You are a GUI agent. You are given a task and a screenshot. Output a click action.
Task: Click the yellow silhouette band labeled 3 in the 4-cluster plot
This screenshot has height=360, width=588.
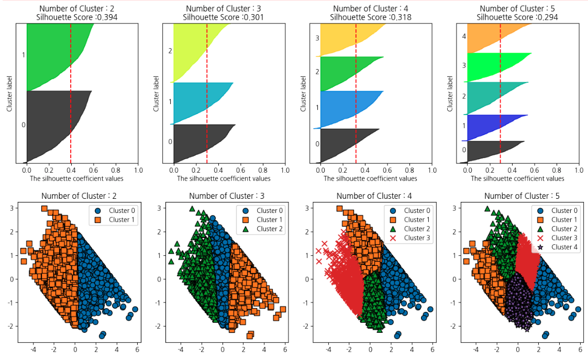point(340,39)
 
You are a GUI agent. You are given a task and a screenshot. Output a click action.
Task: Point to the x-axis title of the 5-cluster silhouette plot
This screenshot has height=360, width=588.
point(517,178)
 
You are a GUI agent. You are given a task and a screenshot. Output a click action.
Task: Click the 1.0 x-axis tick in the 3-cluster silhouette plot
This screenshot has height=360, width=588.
point(285,170)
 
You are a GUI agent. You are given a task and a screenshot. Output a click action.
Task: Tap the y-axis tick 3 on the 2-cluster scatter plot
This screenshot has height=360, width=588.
point(13,208)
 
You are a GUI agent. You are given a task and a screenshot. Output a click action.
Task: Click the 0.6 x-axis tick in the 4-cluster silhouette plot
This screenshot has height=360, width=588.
point(387,170)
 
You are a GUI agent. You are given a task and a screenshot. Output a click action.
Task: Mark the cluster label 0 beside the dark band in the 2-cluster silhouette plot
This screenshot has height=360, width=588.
point(23,125)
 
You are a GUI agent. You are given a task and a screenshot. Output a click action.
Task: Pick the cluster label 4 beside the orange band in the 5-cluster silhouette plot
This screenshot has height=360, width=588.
point(464,37)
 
